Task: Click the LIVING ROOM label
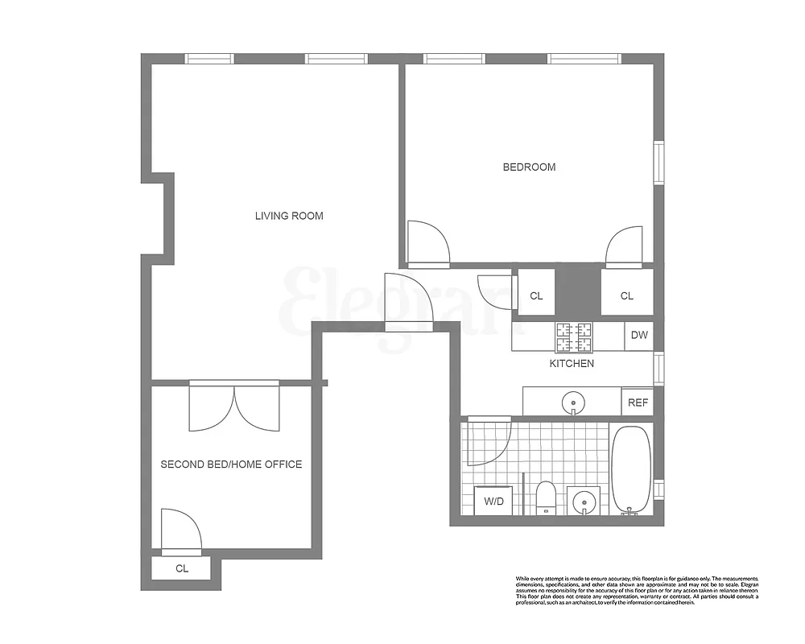289,216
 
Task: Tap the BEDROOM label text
529,167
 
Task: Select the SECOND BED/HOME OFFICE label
231,464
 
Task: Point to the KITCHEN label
572,364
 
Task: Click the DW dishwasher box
639,336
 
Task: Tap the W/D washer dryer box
493,501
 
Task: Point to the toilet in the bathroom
546,496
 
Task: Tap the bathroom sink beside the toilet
583,502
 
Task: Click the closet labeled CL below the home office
183,568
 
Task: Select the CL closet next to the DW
626,295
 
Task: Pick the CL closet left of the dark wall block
536,295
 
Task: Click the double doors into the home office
234,407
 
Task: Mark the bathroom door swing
489,443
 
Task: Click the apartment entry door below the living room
409,302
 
